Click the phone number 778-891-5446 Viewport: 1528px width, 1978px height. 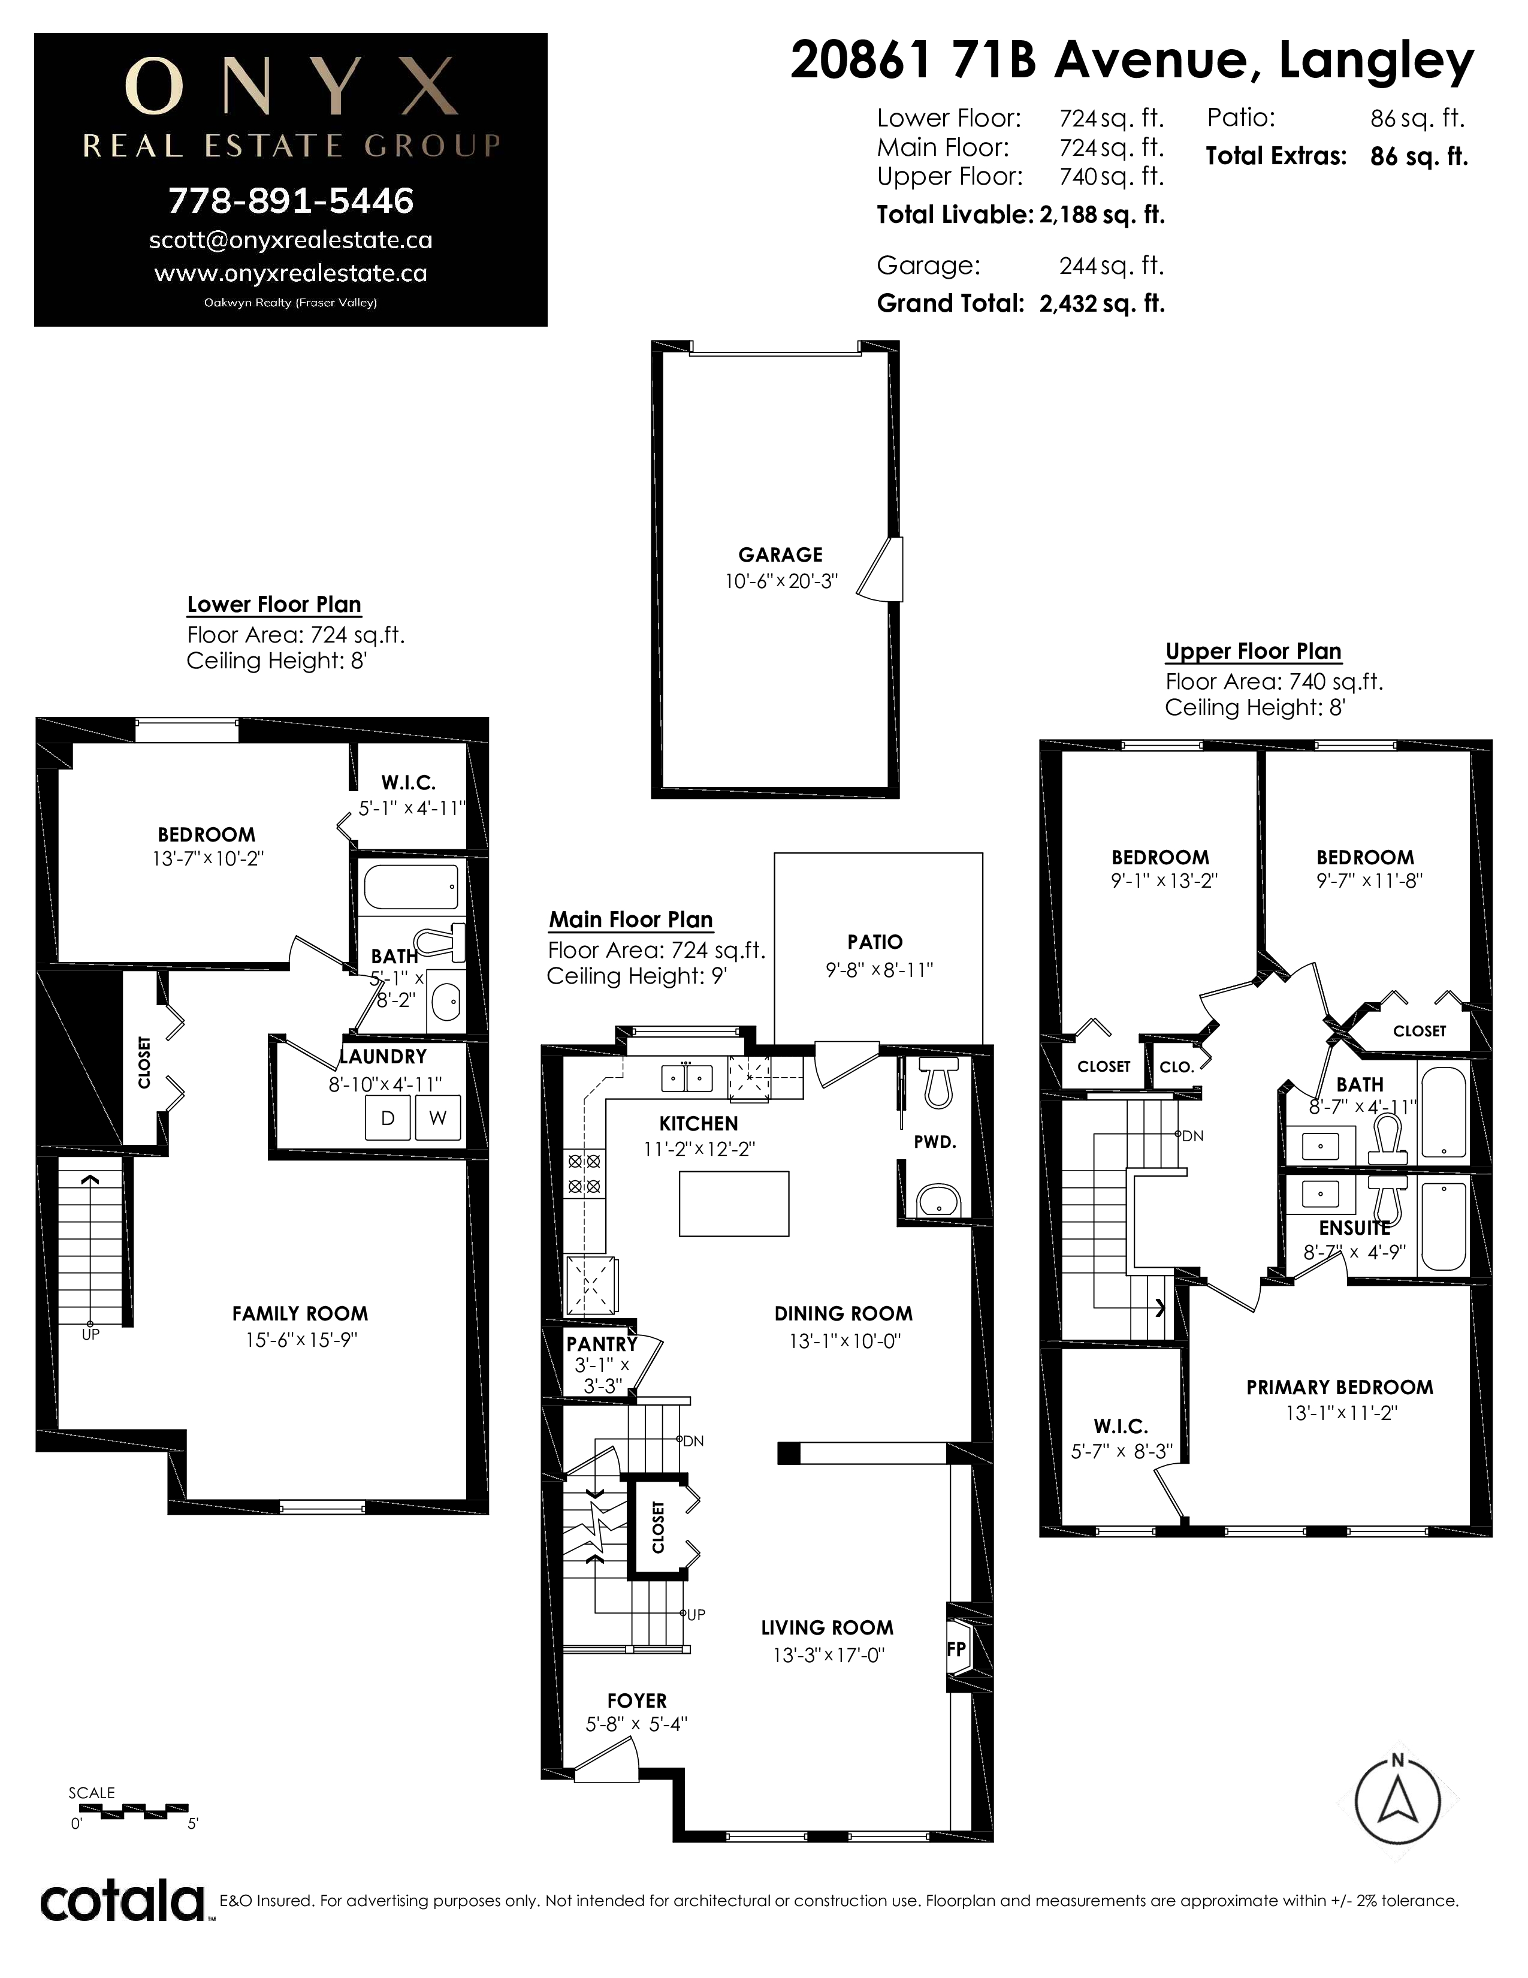291,201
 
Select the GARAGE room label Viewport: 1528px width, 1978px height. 780,555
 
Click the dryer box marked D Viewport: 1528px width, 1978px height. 388,1118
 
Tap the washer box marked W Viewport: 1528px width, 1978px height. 437,1118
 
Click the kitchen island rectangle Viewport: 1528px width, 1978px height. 734,1204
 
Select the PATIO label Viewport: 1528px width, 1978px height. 874,942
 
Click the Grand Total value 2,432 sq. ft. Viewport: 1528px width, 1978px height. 1101,303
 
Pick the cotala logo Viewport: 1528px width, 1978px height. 122,1901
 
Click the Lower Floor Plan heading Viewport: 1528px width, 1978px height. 274,604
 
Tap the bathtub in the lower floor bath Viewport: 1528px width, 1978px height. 411,887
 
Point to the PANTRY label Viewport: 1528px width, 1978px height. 602,1344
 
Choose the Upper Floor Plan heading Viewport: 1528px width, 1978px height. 1254,651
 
